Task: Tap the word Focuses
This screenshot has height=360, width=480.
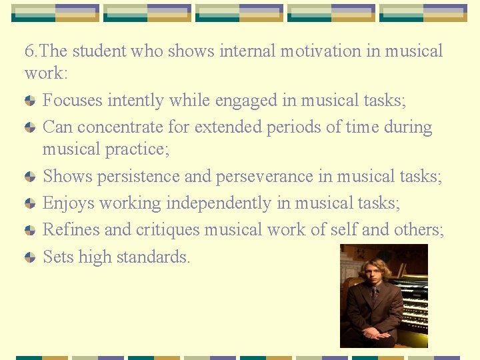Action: point(71,101)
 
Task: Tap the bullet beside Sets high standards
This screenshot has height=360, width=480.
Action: point(30,257)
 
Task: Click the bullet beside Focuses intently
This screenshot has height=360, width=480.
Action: point(30,101)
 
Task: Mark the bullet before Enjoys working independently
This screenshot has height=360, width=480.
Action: point(30,203)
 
